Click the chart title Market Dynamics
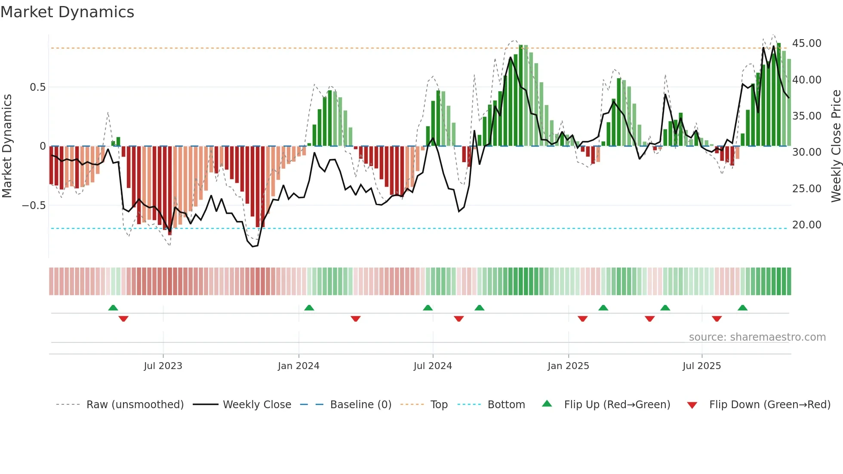coord(67,12)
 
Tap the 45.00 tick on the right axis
coord(806,43)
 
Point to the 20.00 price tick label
coord(806,225)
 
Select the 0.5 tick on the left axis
coord(37,87)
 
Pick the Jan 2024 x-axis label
coord(298,366)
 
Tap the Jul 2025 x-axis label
coord(701,366)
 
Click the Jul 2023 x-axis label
coord(163,366)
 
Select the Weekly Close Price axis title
coord(836,146)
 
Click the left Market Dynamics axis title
coord(7,146)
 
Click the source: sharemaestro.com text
coord(757,337)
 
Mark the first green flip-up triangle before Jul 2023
coord(113,308)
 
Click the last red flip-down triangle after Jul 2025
coord(717,319)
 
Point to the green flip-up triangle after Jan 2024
coord(309,308)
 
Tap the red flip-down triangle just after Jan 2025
coord(582,319)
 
